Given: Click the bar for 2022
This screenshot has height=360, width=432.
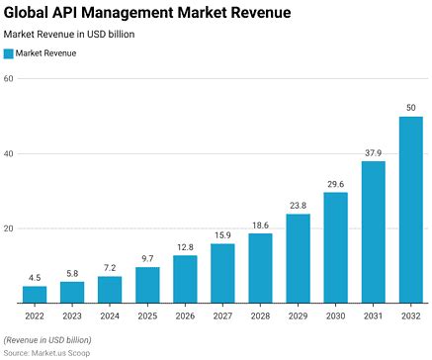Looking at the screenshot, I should click(35, 294).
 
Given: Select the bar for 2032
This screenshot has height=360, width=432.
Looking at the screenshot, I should click(410, 209).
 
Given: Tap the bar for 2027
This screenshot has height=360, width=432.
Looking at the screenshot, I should click(222, 273).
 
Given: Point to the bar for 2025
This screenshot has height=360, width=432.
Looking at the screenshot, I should click(147, 285).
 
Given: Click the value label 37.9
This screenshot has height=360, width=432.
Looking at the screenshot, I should click(373, 152).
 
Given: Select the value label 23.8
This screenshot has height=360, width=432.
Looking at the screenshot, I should click(298, 206).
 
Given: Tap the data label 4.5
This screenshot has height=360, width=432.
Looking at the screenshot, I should click(35, 278).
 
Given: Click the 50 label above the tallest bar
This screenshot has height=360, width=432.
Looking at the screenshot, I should click(410, 107).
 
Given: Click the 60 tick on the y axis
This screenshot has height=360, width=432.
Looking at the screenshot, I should click(8, 79).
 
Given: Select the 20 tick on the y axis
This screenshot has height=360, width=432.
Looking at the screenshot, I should click(8, 228).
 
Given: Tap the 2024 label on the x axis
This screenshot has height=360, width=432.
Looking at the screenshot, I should click(110, 315).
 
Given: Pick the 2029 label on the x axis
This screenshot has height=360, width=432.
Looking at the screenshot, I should click(298, 315).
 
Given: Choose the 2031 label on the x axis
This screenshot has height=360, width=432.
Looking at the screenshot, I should click(373, 315).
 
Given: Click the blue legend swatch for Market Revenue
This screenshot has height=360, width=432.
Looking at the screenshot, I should click(9, 53).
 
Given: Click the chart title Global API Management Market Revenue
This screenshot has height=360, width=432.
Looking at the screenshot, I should click(147, 13).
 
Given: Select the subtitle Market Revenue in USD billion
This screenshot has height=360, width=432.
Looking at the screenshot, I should click(69, 34).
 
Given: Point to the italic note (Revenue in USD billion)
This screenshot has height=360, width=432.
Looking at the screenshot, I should click(50, 339).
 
